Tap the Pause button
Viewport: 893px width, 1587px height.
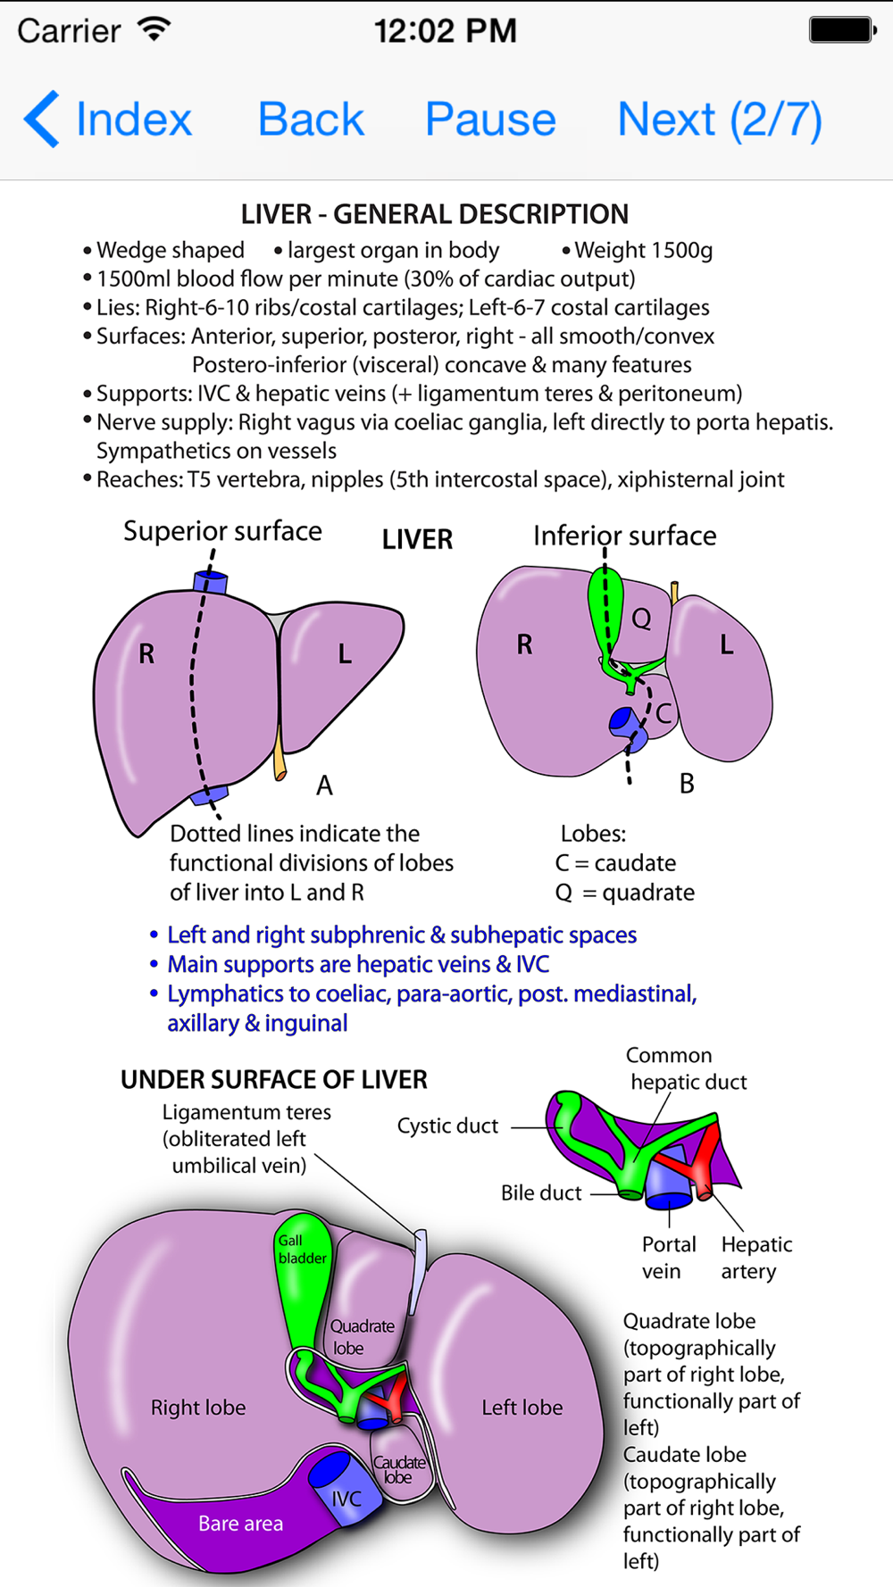(490, 120)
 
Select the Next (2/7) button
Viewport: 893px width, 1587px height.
(719, 120)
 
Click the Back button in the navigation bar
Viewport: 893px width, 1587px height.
(311, 120)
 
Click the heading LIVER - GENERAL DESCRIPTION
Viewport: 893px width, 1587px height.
(435, 214)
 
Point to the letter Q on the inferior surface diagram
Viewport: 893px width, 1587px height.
(641, 618)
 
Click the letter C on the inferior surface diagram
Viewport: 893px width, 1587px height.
(663, 713)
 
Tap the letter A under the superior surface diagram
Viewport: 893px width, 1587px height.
(324, 785)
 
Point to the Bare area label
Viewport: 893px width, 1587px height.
(240, 1524)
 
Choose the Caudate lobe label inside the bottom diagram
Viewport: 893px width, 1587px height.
(398, 1469)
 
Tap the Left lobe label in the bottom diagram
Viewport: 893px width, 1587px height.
(522, 1408)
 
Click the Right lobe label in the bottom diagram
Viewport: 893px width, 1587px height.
(198, 1408)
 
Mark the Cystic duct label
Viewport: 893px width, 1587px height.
(447, 1126)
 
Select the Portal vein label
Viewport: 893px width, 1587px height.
(668, 1258)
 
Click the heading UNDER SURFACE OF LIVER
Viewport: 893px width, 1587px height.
(274, 1080)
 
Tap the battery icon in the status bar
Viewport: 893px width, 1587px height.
(841, 30)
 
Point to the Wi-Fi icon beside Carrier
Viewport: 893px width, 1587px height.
(154, 29)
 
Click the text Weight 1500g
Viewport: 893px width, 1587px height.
(643, 251)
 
